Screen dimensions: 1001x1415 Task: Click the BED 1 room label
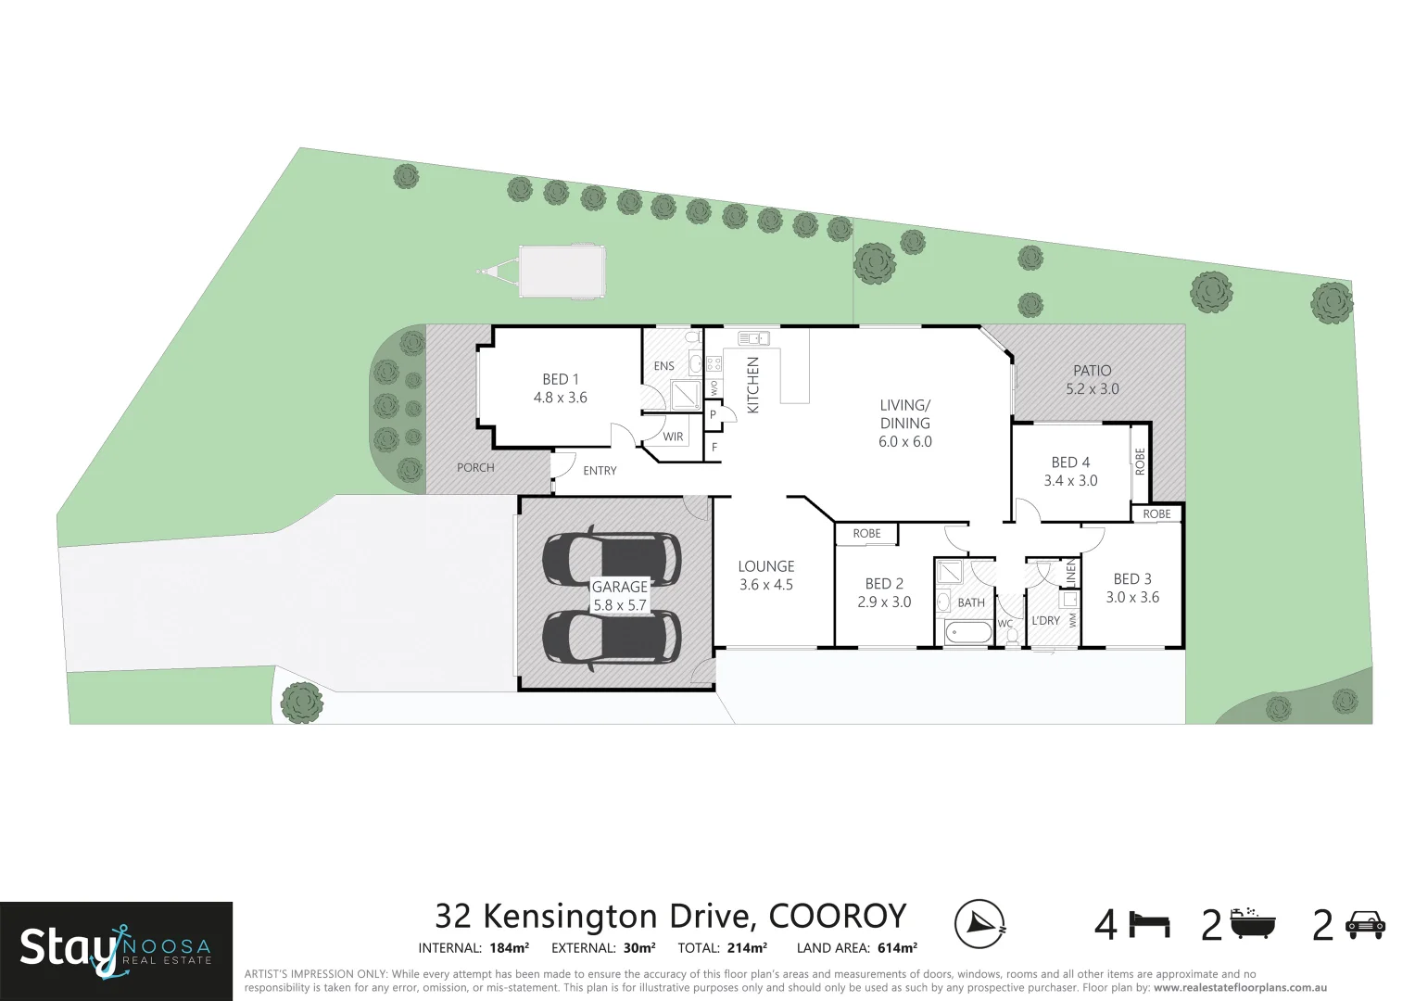[560, 379]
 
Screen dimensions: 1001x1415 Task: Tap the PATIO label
[1092, 371]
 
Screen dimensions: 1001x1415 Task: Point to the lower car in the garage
[612, 636]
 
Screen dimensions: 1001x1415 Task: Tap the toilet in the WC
[1011, 637]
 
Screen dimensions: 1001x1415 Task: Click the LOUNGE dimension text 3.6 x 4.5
[766, 585]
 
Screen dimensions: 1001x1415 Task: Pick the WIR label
[673, 437]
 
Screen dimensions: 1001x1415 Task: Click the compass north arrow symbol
[980, 923]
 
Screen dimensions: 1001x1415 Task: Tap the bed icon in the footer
[1149, 925]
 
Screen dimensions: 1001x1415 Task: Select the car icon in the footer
[1364, 924]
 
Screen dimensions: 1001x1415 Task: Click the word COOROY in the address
[837, 916]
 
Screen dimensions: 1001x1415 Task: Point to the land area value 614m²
[897, 948]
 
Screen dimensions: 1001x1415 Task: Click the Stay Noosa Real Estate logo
[116, 947]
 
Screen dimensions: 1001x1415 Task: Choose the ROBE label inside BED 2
[866, 534]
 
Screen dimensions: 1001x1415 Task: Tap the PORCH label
[475, 468]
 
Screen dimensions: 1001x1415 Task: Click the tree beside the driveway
[301, 703]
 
